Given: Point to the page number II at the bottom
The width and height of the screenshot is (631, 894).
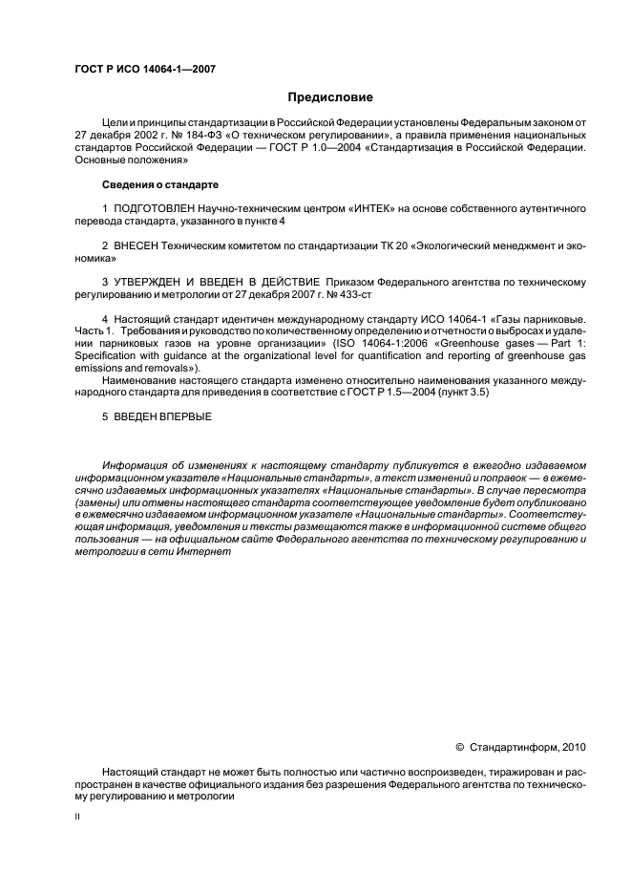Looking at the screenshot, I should coord(77,818).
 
